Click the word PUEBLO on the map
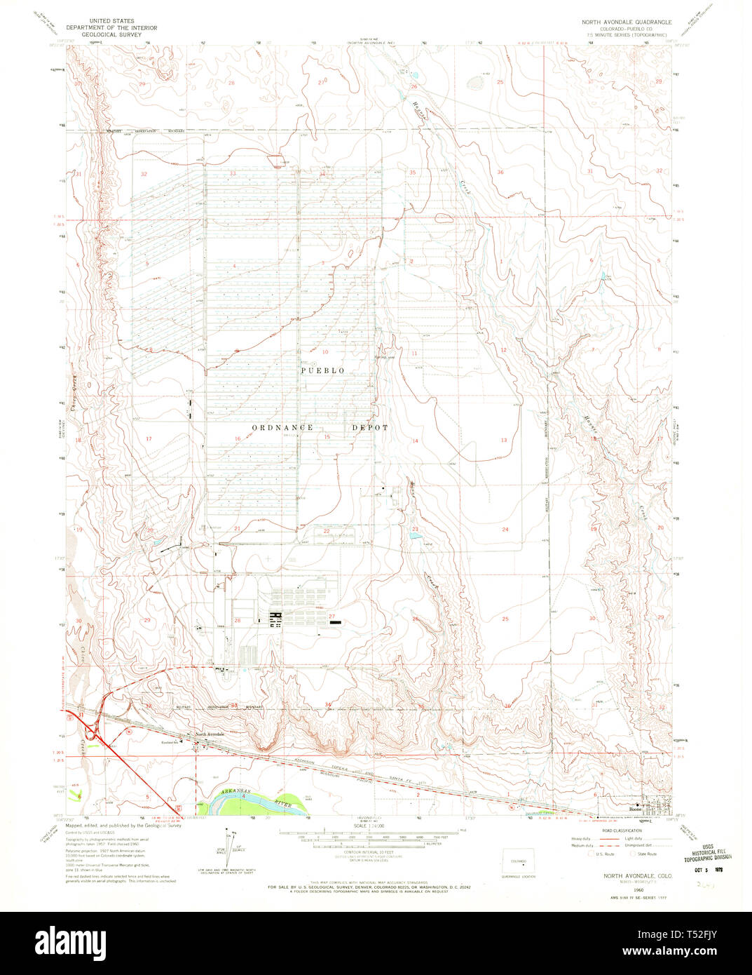[x=323, y=370]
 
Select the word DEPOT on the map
[x=369, y=426]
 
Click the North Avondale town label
[x=210, y=734]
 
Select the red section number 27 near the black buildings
[x=322, y=616]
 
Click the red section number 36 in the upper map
[x=500, y=172]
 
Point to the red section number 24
[x=505, y=530]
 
